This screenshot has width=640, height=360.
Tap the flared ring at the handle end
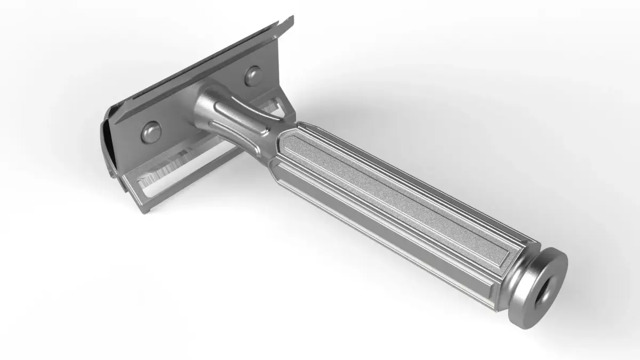click(x=549, y=267)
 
